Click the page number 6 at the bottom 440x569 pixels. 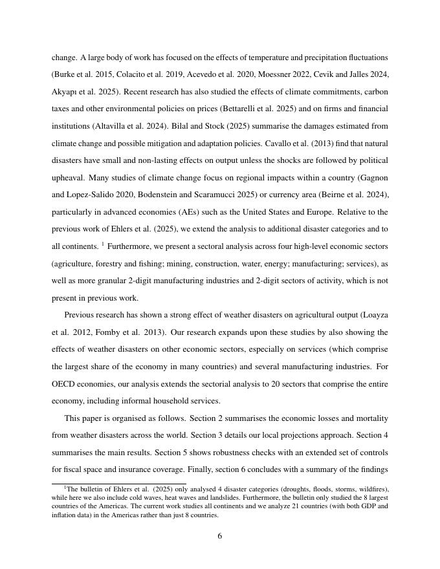[x=220, y=536]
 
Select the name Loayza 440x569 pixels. [x=371, y=315]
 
